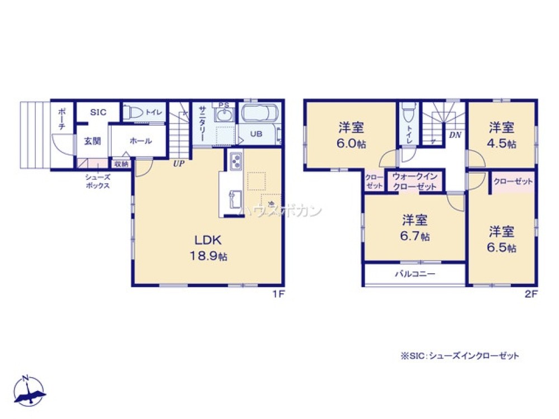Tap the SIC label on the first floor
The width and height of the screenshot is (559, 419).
tap(98, 111)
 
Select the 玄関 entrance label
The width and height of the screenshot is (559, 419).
tap(92, 141)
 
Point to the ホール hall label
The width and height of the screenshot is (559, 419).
tap(140, 141)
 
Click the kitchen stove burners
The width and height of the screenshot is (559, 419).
tap(234, 161)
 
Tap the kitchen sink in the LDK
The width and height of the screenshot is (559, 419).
tap(234, 199)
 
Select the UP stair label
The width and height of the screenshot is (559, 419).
tap(179, 164)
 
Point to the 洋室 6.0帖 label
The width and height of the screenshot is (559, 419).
tap(351, 135)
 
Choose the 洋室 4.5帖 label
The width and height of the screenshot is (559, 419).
tap(501, 135)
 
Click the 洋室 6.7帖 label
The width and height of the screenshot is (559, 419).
tap(415, 227)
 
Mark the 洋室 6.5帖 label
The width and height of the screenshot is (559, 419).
tap(502, 239)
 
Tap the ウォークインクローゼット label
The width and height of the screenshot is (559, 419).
tap(414, 181)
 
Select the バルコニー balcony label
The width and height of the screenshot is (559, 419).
tap(415, 274)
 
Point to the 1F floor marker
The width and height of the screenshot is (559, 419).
tap(278, 295)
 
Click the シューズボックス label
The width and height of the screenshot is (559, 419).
tap(97, 181)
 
